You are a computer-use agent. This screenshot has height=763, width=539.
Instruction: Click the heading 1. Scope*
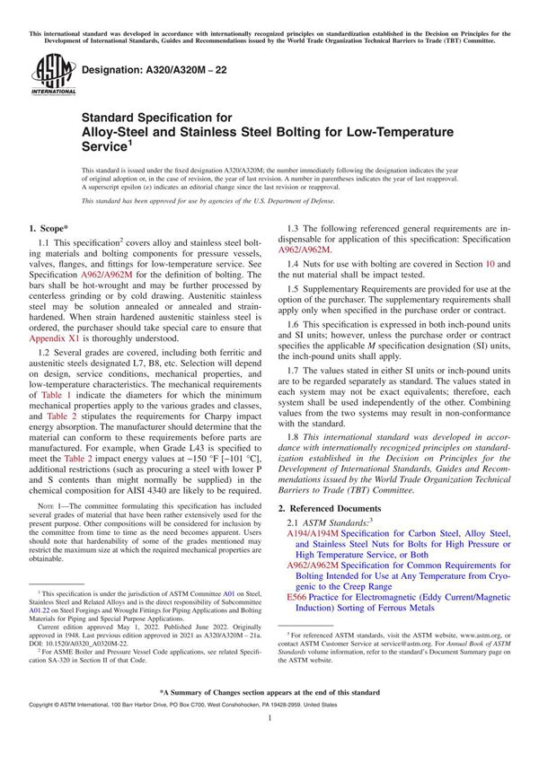(x=55, y=229)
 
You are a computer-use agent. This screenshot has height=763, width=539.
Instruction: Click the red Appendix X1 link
(x=56, y=340)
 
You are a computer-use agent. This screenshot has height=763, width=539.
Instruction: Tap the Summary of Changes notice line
(x=269, y=694)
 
